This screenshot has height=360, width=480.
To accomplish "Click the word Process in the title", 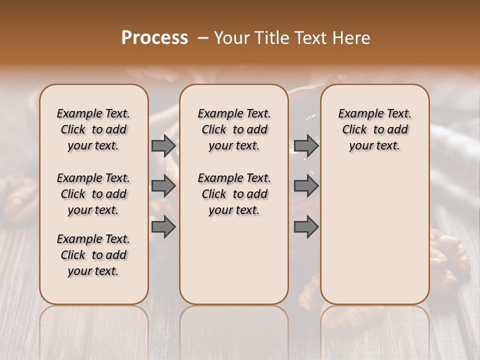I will click(x=154, y=38).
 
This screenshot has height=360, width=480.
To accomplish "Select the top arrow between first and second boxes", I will click(x=163, y=145).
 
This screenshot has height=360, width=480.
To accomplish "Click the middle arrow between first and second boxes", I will click(x=163, y=186).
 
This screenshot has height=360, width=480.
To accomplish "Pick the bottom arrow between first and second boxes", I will click(x=163, y=227).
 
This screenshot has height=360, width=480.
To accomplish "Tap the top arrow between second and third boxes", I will click(x=306, y=145).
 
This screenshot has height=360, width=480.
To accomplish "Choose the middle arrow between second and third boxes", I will click(x=306, y=186).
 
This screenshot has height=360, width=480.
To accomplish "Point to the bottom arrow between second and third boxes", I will click(x=306, y=227).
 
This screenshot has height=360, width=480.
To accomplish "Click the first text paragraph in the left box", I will click(x=93, y=129).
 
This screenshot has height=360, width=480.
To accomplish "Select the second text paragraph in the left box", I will click(x=93, y=194).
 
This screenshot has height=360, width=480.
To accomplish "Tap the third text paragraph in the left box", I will click(x=93, y=255).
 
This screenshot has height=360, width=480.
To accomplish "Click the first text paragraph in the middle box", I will click(x=234, y=129).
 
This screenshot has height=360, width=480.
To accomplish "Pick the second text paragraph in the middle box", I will click(x=234, y=194).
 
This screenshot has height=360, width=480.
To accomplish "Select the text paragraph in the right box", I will click(x=375, y=129).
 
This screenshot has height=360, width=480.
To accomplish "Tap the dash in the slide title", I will click(x=203, y=38).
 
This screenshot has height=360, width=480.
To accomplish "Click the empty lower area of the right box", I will click(x=375, y=230).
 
